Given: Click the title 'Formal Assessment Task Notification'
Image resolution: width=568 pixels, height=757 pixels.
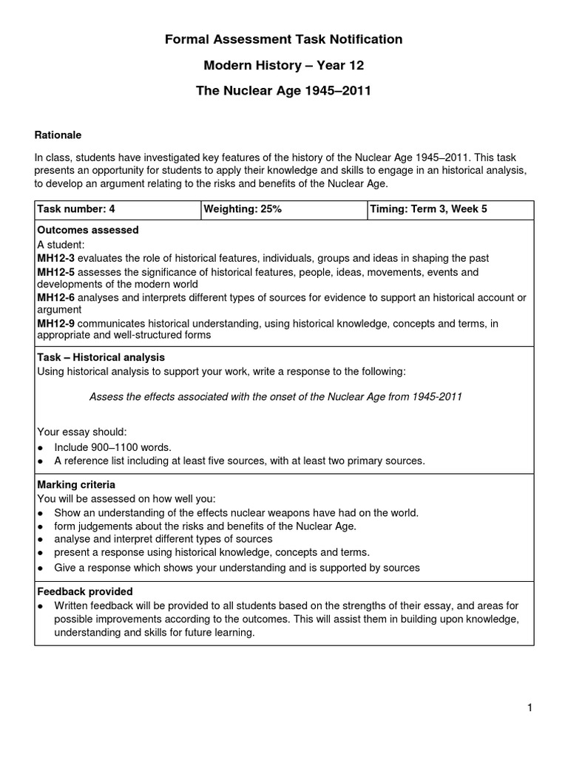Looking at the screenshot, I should [x=284, y=40].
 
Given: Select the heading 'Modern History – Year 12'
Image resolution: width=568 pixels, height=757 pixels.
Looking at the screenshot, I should [x=284, y=66].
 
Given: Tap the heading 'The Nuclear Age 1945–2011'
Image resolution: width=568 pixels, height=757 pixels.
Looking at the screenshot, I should [x=284, y=92].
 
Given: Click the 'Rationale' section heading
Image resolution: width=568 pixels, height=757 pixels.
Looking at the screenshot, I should [x=58, y=135].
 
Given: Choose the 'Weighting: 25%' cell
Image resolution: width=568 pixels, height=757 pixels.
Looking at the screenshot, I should [x=243, y=209].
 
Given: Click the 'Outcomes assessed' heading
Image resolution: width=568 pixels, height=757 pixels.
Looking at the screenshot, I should [x=88, y=231].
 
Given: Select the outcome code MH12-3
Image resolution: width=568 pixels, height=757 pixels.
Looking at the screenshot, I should [x=56, y=258].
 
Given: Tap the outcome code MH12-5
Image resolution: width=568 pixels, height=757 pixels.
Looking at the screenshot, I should [x=56, y=272].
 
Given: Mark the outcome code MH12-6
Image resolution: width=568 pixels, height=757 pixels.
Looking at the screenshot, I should [x=56, y=298].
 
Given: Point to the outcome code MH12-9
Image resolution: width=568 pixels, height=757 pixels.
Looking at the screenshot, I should [x=56, y=323].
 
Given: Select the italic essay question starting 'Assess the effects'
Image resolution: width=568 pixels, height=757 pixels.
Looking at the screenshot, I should [x=275, y=397].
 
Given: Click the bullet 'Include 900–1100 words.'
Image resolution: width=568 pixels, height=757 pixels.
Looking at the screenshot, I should [x=112, y=447].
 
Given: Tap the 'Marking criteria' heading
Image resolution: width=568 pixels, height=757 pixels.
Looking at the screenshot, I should [x=76, y=485].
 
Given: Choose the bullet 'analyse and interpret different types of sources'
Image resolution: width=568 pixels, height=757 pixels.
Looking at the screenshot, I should [x=163, y=540].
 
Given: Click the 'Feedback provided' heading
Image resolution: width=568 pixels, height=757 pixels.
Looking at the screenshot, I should [x=85, y=591].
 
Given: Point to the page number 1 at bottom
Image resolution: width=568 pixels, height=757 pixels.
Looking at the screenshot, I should [x=530, y=708].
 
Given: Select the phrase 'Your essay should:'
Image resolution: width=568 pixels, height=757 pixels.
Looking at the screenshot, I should [x=82, y=432].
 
